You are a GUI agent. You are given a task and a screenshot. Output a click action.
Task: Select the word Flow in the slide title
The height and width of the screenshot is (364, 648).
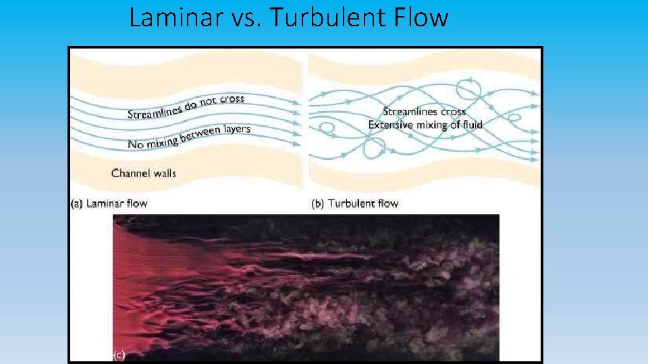(x=423, y=17)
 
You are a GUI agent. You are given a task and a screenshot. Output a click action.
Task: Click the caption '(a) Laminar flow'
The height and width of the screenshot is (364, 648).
(x=109, y=203)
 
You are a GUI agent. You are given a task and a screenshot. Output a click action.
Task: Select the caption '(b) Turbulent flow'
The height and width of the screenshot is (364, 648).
(x=355, y=203)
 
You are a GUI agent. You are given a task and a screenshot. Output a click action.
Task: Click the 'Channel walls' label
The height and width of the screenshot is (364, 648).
(x=144, y=173)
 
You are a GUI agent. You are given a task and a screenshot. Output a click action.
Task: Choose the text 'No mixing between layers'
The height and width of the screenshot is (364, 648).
(x=189, y=136)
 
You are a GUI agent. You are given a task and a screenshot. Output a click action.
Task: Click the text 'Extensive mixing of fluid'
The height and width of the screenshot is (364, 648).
(x=425, y=125)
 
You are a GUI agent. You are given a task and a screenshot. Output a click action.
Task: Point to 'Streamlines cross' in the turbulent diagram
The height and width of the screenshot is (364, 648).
(x=424, y=111)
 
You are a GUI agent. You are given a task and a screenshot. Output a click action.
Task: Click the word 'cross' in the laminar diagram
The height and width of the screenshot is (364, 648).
(x=232, y=98)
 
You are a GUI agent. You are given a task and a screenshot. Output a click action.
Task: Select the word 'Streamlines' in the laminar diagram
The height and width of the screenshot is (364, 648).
(x=155, y=111)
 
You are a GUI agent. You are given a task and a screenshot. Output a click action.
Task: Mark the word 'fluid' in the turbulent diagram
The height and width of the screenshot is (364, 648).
(x=470, y=125)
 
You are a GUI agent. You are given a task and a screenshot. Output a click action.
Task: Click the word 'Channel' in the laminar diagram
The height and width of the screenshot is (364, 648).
(x=131, y=173)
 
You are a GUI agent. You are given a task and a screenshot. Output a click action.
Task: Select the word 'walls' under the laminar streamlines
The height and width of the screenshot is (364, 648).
(x=165, y=173)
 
